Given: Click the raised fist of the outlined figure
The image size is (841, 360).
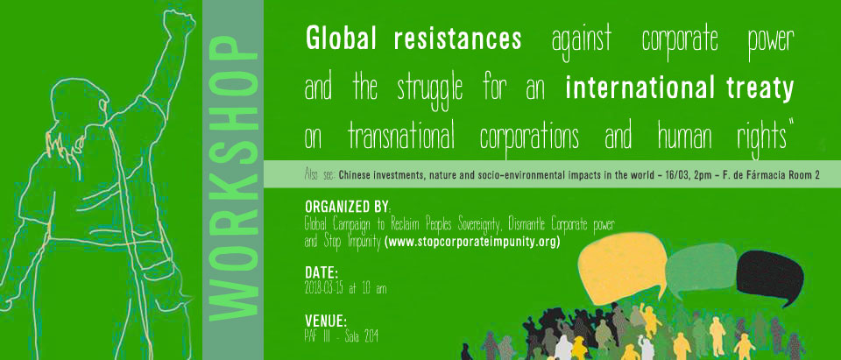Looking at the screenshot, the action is click(x=178, y=25).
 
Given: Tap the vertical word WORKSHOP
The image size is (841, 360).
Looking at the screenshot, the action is click(x=232, y=180).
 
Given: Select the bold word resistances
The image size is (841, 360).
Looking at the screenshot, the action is click(x=457, y=39).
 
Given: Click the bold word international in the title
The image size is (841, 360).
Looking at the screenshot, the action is click(x=635, y=88).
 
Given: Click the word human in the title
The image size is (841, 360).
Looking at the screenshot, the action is click(x=685, y=137).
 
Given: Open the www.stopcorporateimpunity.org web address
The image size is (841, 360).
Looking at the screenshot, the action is click(x=472, y=243).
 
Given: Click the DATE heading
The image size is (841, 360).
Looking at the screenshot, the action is click(x=322, y=272).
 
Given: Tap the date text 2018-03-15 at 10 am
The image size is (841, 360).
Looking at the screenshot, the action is click(x=345, y=289).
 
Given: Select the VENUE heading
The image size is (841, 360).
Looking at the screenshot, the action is click(x=326, y=321).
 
